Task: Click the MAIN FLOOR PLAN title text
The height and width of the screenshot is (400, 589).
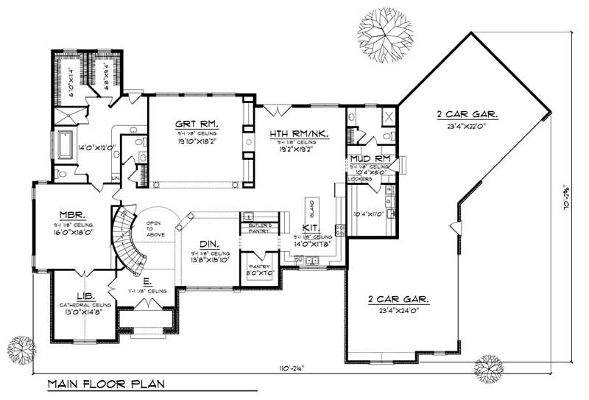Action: point(106,384)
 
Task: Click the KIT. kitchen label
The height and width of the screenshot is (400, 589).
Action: point(311,229)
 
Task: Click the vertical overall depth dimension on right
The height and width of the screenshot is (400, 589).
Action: point(567,199)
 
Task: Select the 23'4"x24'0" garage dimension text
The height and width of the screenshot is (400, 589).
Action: point(398,312)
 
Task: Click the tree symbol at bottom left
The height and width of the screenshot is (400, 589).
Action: point(21,348)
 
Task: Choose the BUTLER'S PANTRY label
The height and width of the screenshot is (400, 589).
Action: point(260,228)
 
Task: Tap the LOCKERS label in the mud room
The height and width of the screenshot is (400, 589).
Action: point(360,178)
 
